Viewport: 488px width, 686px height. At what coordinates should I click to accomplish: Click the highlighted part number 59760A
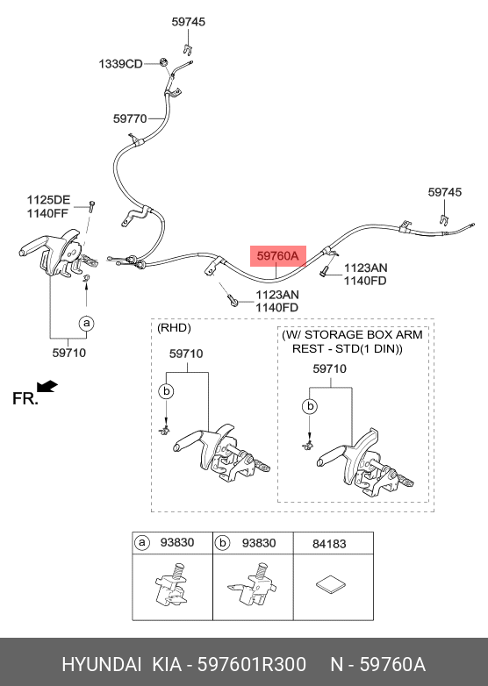tap(277, 256)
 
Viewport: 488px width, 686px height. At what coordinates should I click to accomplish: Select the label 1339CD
tap(120, 64)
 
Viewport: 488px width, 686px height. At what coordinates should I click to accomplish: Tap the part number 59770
tap(130, 118)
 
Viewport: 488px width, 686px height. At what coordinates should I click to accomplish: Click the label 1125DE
tap(48, 200)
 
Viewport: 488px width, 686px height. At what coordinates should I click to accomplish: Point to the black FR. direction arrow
tap(47, 387)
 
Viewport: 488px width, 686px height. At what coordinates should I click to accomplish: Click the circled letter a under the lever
tap(87, 324)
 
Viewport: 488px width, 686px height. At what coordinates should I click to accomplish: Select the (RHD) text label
tap(174, 328)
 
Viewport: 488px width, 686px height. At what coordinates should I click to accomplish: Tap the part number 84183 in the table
tap(329, 544)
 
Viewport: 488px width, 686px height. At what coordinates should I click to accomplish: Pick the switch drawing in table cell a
tap(171, 584)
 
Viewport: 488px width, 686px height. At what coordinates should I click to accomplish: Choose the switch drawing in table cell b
tap(252, 584)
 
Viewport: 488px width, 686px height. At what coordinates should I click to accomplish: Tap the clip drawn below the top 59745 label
tap(189, 48)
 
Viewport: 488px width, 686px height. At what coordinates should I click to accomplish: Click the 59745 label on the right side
tap(445, 192)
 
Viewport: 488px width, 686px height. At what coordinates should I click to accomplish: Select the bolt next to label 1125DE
tap(92, 205)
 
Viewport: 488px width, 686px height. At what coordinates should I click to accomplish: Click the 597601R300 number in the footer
tap(252, 664)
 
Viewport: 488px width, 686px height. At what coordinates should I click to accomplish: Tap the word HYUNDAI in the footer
tap(102, 664)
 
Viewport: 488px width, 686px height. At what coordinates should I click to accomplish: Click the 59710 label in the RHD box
tap(186, 354)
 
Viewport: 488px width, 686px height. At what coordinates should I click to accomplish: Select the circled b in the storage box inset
tap(311, 406)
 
